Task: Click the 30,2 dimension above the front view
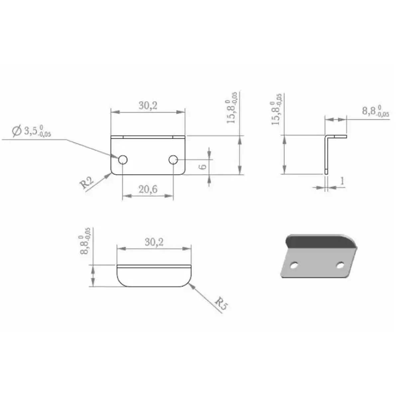[148, 105]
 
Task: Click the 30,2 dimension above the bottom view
[154, 242]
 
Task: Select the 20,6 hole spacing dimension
[148, 189]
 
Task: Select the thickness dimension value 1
[342, 181]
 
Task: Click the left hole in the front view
[123, 160]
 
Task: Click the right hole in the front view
[173, 160]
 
